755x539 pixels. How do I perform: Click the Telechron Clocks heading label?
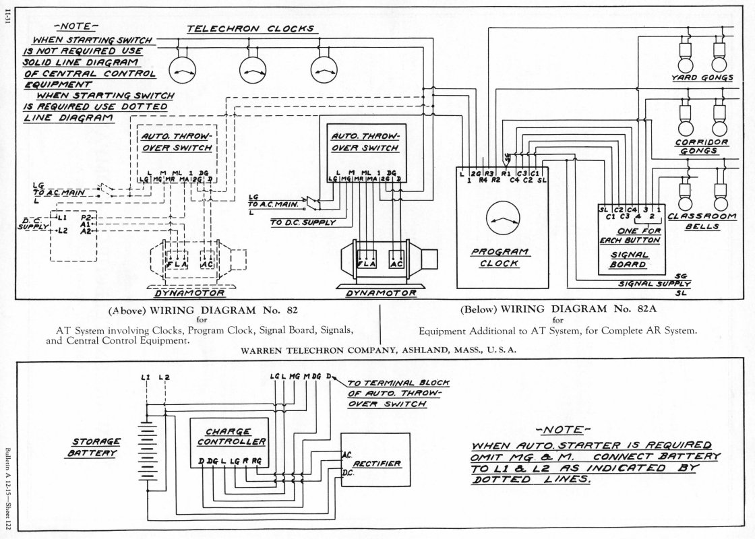(x=250, y=29)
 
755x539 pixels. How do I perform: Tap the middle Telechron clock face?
(x=253, y=70)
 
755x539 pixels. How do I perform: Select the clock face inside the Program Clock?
(x=503, y=219)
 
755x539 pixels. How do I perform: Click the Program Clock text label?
(x=500, y=257)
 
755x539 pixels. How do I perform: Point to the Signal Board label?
(x=630, y=260)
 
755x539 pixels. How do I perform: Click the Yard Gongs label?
(x=702, y=77)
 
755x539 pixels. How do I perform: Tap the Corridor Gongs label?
(x=702, y=146)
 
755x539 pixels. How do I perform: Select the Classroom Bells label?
(x=702, y=222)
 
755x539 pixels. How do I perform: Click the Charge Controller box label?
(x=231, y=437)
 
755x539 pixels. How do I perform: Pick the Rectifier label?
(x=377, y=464)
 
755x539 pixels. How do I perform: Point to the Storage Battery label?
(x=95, y=447)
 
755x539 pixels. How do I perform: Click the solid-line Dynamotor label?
(x=381, y=292)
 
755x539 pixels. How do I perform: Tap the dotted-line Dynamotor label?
(x=189, y=292)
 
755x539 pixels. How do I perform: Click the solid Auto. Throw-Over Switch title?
(x=365, y=142)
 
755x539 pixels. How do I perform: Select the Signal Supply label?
(x=655, y=284)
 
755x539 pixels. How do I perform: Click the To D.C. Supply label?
(x=303, y=222)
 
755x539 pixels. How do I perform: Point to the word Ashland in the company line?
(x=427, y=350)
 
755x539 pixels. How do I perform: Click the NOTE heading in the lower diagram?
(x=564, y=429)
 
